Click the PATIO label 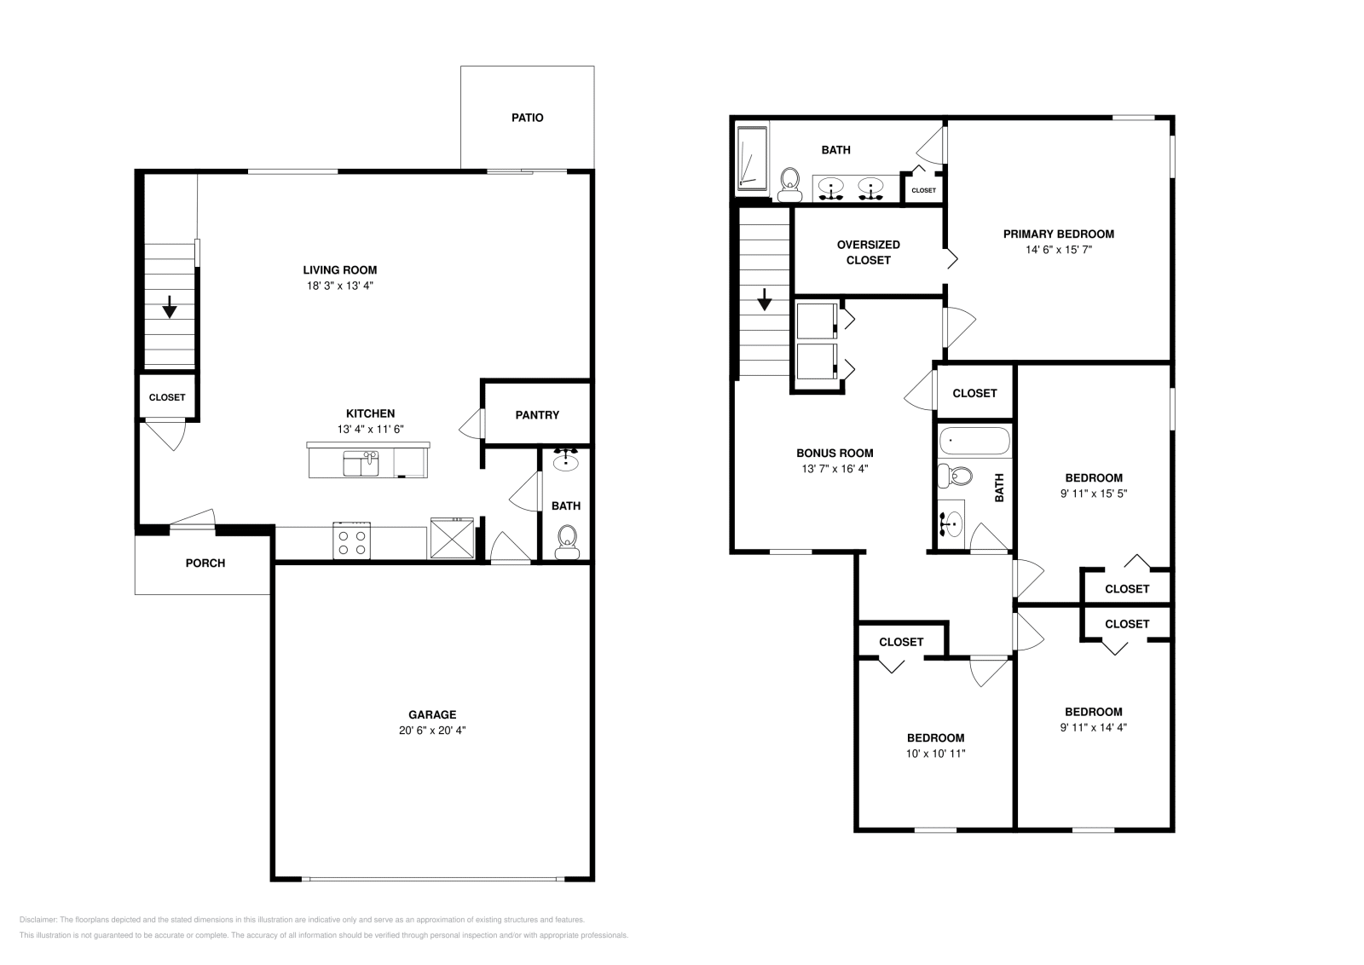pyautogui.click(x=527, y=118)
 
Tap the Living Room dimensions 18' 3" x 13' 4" pyautogui.click(x=340, y=286)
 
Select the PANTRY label pyautogui.click(x=537, y=415)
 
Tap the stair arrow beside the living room pyautogui.click(x=170, y=306)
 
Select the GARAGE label pyautogui.click(x=432, y=715)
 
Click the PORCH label pyautogui.click(x=205, y=563)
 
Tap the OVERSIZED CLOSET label pyautogui.click(x=868, y=252)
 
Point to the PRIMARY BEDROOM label pyautogui.click(x=1058, y=234)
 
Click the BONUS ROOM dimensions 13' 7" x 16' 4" pyautogui.click(x=835, y=469)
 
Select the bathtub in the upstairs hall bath pyautogui.click(x=974, y=442)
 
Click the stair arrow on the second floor pyautogui.click(x=765, y=299)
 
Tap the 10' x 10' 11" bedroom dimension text pyautogui.click(x=935, y=754)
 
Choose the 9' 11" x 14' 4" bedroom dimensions pyautogui.click(x=1093, y=727)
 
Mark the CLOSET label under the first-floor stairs pyautogui.click(x=167, y=397)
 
